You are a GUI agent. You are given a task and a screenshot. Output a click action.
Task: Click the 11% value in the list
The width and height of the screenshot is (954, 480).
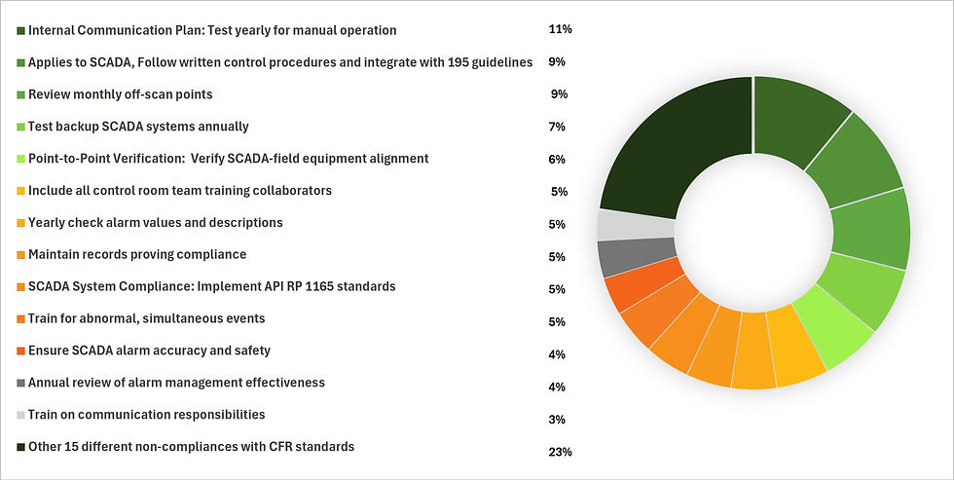pyautogui.click(x=560, y=29)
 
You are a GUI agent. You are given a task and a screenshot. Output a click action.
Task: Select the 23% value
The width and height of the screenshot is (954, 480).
pyautogui.click(x=560, y=452)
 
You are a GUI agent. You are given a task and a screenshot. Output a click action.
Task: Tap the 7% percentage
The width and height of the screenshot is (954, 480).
pyautogui.click(x=557, y=127)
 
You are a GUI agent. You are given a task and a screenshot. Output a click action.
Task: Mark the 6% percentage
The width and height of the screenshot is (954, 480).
pyautogui.click(x=557, y=160)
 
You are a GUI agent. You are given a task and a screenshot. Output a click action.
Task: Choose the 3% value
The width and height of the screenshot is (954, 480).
pyautogui.click(x=557, y=420)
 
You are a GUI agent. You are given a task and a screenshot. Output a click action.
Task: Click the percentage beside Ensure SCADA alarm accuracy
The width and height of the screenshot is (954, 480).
pyautogui.click(x=557, y=354)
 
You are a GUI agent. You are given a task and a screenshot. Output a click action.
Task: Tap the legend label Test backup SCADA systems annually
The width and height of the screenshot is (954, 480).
pyautogui.click(x=138, y=126)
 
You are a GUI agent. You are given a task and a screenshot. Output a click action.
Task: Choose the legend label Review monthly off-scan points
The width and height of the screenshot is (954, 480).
pyautogui.click(x=121, y=94)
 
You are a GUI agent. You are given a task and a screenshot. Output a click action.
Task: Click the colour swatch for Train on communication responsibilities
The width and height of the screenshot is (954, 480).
pyautogui.click(x=20, y=416)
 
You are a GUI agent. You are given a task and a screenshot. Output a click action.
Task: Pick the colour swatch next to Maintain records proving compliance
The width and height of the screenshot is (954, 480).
pyautogui.click(x=20, y=256)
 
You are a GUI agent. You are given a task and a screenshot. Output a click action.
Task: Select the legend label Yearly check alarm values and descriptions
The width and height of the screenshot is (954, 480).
pyautogui.click(x=156, y=222)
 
